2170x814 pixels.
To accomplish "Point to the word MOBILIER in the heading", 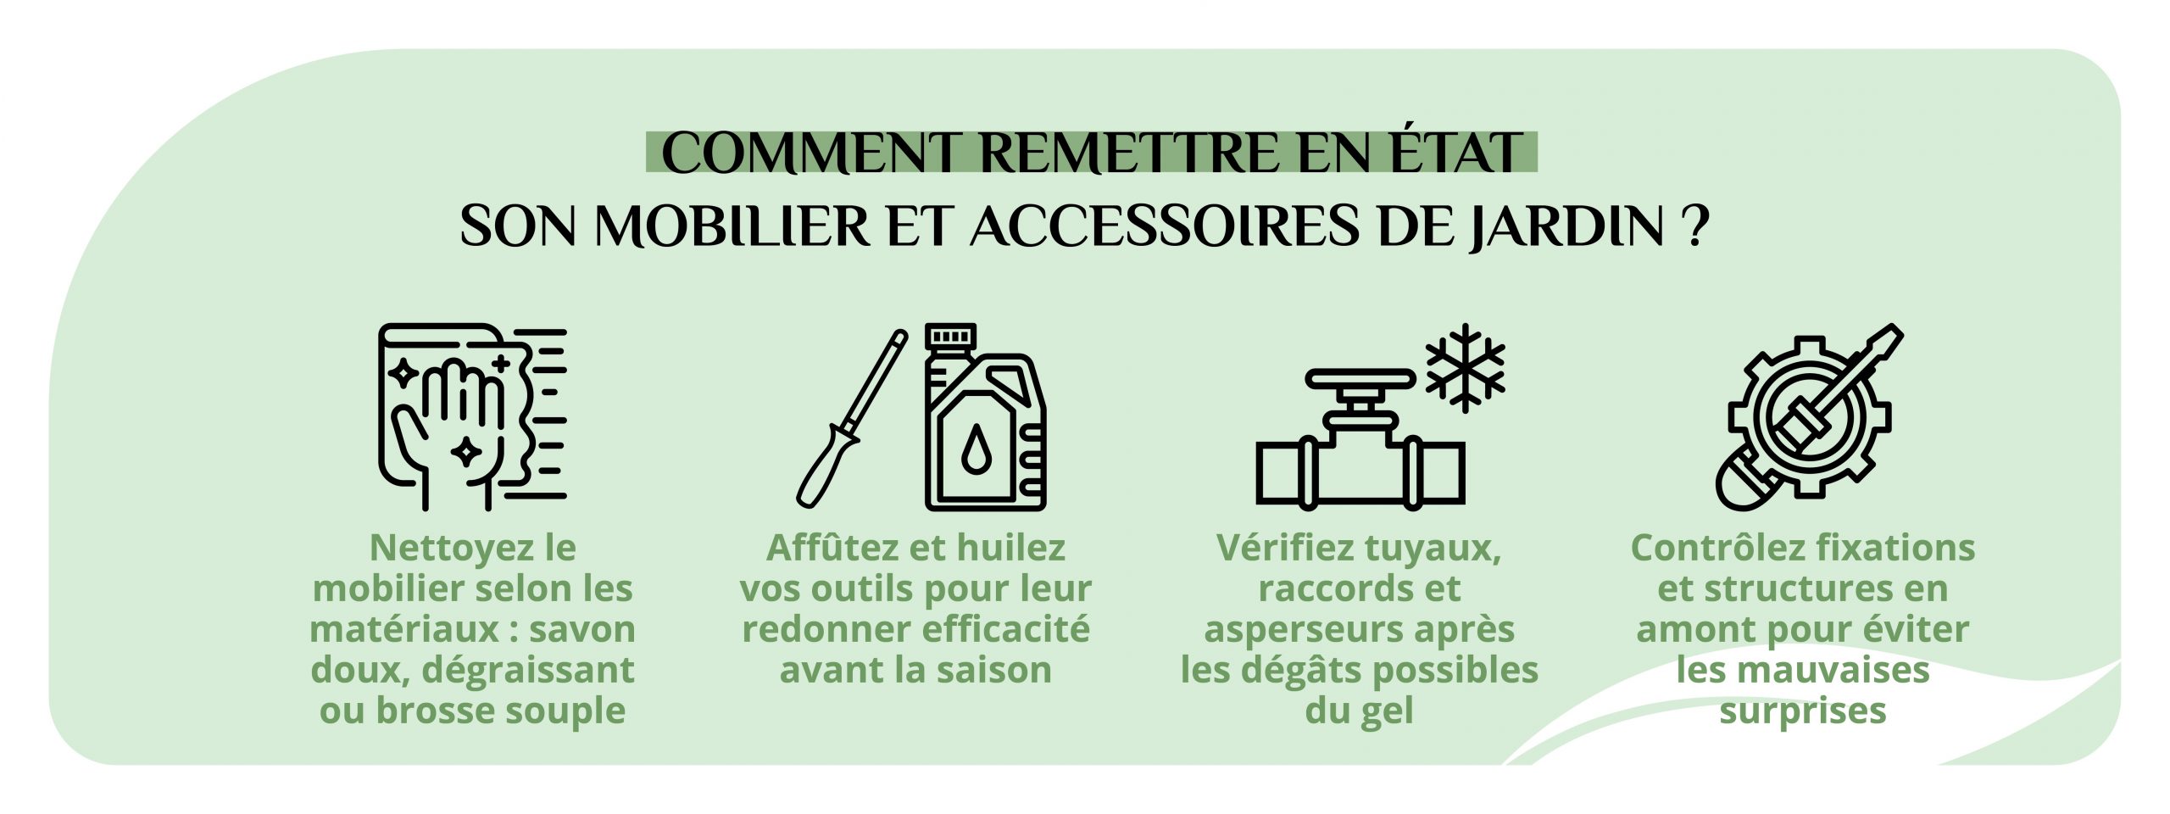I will click(x=732, y=226).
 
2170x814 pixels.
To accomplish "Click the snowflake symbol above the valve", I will click(x=1465, y=368).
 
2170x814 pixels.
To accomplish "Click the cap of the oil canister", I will click(x=950, y=337).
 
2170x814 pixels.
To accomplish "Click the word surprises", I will click(x=1802, y=711).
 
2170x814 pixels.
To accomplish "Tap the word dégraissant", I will click(x=527, y=671).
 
